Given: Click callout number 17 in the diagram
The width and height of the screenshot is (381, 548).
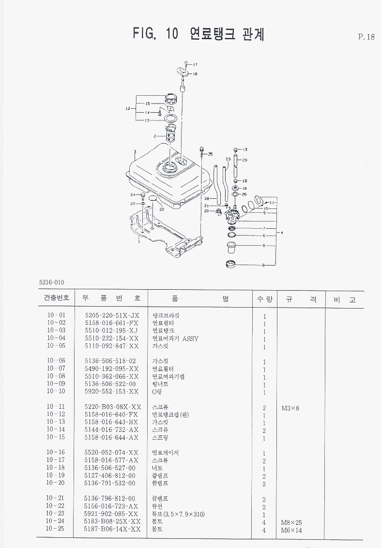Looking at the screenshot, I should coord(195,64).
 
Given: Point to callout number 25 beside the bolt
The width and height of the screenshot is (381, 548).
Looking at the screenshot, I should coord(210,154).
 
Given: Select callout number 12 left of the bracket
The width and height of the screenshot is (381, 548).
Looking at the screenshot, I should coord(128,108).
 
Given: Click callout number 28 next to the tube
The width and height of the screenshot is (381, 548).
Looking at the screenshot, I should coord(206,199).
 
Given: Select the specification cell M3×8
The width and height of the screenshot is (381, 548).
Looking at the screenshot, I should coord(290,408).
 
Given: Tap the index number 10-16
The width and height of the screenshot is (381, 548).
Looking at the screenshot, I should coord(56,453).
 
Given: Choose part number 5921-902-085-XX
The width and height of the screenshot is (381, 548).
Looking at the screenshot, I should coord(111,514).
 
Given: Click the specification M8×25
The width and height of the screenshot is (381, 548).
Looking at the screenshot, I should coord(292,522).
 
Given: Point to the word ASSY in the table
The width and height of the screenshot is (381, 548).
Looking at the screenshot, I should coord(190,339).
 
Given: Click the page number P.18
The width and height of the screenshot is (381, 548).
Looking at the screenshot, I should coord(366,37).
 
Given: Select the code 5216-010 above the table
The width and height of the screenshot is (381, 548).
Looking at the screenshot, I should coord(52,282).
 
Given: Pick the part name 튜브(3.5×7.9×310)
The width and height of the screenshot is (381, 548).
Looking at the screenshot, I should coord(178,514).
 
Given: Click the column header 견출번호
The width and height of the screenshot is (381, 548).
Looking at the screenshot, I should coord(56,299).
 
